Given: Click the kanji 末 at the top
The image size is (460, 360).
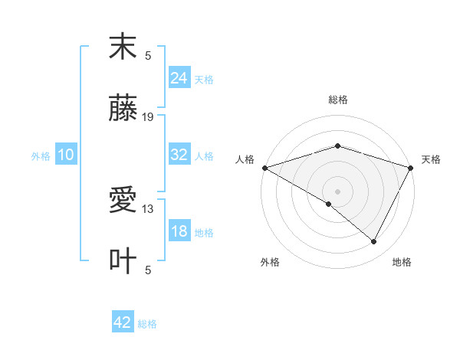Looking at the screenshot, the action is click(x=123, y=47).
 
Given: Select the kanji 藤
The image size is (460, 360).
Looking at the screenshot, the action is click(x=123, y=110).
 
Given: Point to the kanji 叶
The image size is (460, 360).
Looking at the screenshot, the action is click(x=123, y=261).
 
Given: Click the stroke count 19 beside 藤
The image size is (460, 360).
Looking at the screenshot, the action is click(x=148, y=117).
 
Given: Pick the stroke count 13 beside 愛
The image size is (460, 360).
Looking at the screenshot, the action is click(x=148, y=208).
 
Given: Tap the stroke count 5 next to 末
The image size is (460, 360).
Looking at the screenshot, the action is click(x=148, y=55).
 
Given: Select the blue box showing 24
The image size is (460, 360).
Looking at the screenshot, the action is click(x=179, y=78).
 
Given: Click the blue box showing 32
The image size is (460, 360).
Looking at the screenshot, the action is click(x=179, y=155).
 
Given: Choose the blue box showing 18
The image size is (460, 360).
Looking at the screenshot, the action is click(x=179, y=232).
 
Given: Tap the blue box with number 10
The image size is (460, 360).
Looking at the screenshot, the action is click(x=66, y=155).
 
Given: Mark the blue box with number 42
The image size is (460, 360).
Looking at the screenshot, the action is click(x=123, y=322).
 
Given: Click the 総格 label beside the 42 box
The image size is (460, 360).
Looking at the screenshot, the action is click(x=147, y=324).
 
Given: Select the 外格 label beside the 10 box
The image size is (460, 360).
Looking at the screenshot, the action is click(x=41, y=156).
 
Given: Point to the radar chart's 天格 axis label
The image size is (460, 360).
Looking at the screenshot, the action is click(x=431, y=159).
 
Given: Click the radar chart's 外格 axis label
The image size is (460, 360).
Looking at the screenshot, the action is click(x=270, y=262).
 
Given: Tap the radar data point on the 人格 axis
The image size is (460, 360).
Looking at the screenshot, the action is click(x=264, y=167).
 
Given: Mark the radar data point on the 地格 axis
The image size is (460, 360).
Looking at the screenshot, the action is click(x=374, y=242).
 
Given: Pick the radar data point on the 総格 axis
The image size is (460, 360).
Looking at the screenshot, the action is click(x=337, y=146).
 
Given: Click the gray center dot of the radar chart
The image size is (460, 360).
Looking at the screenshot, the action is click(x=337, y=191).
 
